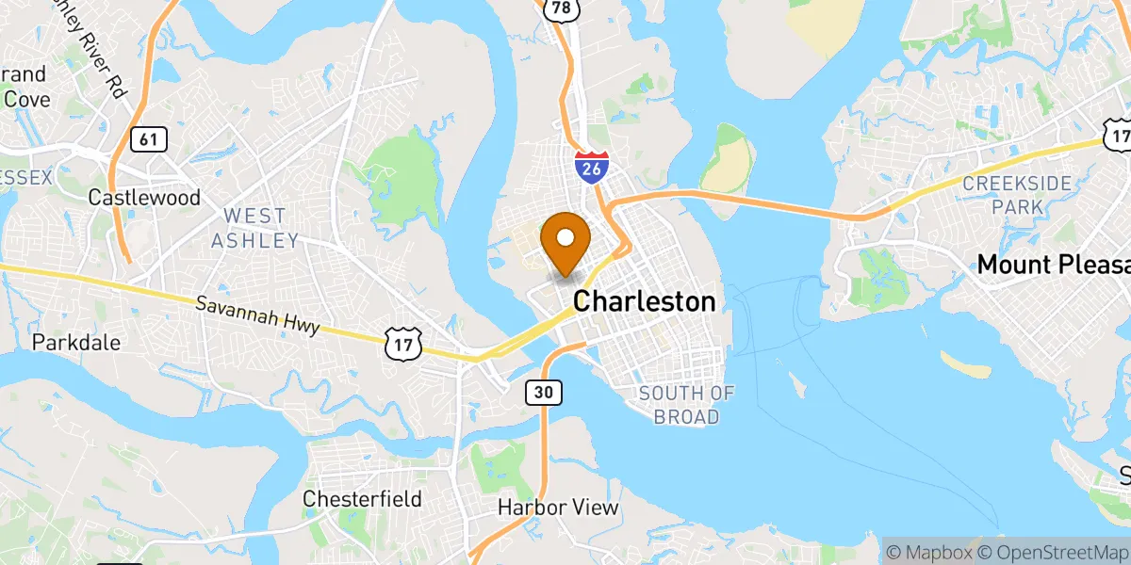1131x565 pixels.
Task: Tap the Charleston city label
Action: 644,301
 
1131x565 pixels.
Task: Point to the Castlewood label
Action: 144,198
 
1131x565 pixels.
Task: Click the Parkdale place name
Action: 76,342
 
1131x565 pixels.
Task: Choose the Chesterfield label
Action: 362,498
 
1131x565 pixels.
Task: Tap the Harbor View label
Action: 558,508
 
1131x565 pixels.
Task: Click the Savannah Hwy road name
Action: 258,315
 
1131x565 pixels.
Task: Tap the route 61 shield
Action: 148,139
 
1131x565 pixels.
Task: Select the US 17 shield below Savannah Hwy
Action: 400,344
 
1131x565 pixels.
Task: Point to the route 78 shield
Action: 560,8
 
